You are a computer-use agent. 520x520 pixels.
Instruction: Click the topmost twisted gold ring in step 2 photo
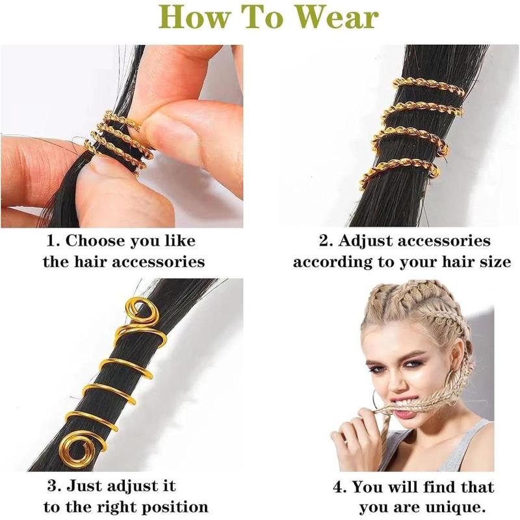pos(428,86)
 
